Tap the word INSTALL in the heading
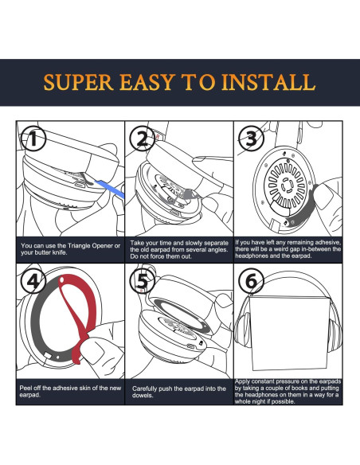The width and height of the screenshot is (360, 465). click(x=268, y=82)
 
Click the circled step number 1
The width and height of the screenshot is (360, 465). click(x=33, y=139)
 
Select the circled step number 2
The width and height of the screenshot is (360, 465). click(x=143, y=139)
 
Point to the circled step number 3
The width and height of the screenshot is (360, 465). click(x=251, y=139)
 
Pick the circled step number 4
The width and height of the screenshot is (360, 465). click(x=33, y=281)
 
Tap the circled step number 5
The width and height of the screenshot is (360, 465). click(x=143, y=281)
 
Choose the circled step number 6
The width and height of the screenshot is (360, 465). click(x=251, y=281)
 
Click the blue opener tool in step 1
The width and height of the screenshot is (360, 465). click(x=110, y=189)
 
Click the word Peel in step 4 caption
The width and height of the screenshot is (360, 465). click(x=25, y=388)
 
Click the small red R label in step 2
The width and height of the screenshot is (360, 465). click(x=158, y=137)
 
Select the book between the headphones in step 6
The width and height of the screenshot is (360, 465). click(x=289, y=332)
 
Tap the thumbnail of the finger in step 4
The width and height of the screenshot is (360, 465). click(x=93, y=351)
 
